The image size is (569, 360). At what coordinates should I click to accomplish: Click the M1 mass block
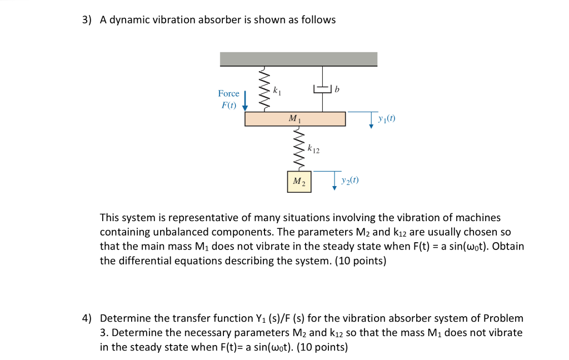(x=295, y=119)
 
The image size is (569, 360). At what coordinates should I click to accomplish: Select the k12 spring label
(x=313, y=149)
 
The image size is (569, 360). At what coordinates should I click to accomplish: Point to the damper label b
(x=337, y=89)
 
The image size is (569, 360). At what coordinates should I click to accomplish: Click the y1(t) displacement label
(x=387, y=118)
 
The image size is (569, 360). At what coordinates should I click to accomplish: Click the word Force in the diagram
(x=228, y=93)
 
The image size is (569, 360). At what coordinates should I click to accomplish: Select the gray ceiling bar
(x=298, y=59)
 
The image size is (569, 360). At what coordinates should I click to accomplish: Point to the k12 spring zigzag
(x=300, y=149)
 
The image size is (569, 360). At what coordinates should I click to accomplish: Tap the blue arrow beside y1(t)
(x=371, y=121)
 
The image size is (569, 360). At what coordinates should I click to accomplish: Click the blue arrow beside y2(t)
(x=334, y=182)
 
